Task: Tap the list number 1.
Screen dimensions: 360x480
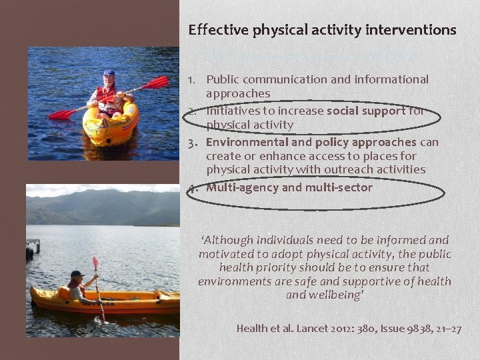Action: click(x=191, y=80)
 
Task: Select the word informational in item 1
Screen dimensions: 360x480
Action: click(x=389, y=80)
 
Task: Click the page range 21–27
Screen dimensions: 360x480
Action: click(x=446, y=329)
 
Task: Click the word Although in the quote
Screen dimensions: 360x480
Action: click(x=231, y=240)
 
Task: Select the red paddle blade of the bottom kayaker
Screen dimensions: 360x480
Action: click(x=95, y=263)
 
